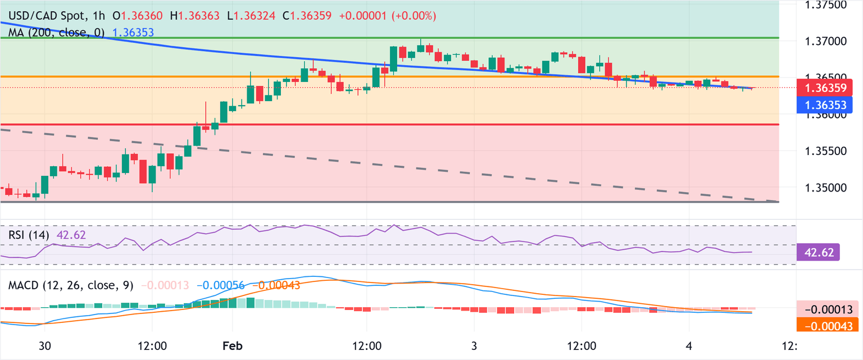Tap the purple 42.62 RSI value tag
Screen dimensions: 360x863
coord(818,253)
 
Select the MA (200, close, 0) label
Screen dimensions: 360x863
coord(57,33)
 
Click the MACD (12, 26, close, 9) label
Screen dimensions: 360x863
coord(71,285)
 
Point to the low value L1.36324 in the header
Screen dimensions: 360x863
coord(251,16)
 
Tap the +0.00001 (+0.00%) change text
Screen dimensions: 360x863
coord(388,16)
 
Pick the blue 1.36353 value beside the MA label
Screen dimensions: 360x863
coord(134,33)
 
